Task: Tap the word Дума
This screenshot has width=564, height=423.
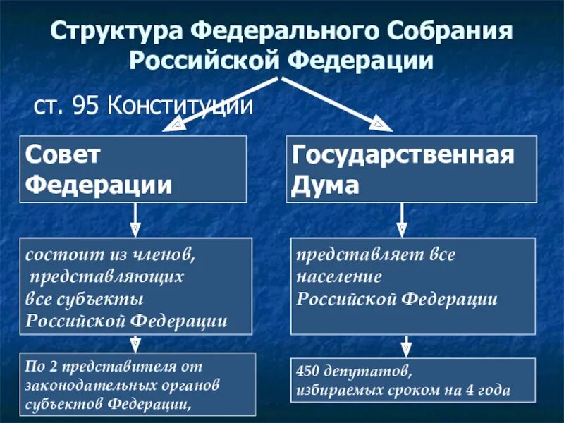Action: (325, 185)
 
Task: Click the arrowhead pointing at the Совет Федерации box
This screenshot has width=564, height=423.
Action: (176, 125)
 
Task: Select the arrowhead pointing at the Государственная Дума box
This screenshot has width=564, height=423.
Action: (381, 125)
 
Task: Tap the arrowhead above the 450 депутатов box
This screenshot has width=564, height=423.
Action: (406, 349)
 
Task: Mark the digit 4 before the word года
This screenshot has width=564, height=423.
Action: (475, 389)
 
